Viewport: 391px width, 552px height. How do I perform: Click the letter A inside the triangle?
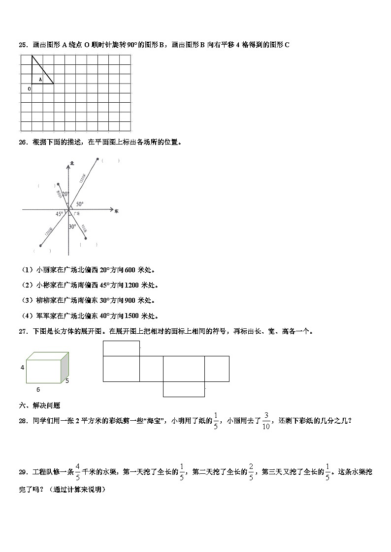[x=40, y=79]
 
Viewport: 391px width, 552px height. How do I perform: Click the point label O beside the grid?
[x=29, y=89]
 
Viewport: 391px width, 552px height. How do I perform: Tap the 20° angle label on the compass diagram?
[x=65, y=194]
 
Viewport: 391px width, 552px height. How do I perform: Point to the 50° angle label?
[x=79, y=203]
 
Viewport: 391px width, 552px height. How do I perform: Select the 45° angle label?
[x=60, y=214]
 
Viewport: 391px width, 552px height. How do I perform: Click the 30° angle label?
[x=72, y=227]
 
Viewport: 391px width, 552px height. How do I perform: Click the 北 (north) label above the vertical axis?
[x=72, y=163]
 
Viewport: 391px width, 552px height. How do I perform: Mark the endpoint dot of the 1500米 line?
[x=98, y=159]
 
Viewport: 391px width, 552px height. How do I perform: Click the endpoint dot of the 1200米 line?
[x=40, y=245]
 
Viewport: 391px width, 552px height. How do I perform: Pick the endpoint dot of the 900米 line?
[x=86, y=239]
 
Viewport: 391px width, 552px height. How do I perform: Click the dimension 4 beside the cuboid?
[x=22, y=367]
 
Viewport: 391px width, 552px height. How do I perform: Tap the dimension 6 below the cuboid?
[x=38, y=389]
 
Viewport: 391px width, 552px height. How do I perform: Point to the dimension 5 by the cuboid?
[x=66, y=380]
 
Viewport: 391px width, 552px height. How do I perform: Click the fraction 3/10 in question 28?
[x=266, y=421]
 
